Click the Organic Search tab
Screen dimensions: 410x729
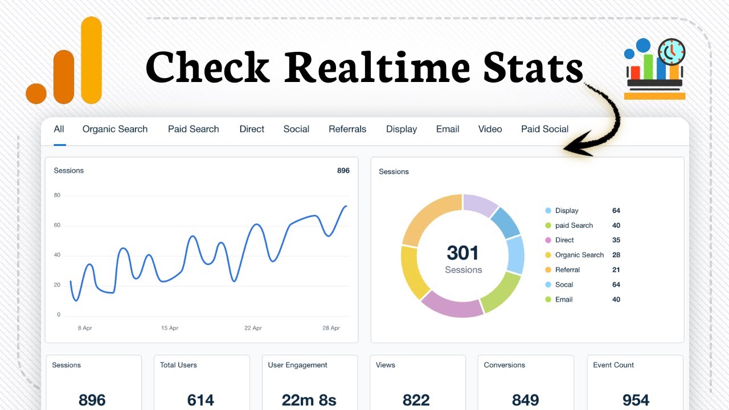point(115,129)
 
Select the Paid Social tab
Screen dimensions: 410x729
point(544,129)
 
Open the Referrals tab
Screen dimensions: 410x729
point(347,129)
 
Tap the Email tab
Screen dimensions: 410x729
point(448,129)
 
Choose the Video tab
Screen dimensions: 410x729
point(490,129)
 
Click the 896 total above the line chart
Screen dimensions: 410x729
point(343,170)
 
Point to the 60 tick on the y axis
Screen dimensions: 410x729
point(57,225)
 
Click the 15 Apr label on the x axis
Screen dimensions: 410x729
point(170,328)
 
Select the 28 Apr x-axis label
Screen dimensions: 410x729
point(331,328)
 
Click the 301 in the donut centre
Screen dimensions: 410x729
point(463,253)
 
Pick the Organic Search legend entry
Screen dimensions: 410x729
point(579,255)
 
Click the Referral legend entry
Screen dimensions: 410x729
point(567,270)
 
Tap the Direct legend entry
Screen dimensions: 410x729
point(564,240)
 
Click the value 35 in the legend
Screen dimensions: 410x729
point(616,240)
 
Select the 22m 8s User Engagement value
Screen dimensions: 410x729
point(309,400)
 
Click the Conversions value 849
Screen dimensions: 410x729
point(525,400)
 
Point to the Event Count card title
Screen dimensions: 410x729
point(613,365)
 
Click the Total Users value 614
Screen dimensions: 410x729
point(200,400)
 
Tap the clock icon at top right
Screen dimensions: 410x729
point(672,52)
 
